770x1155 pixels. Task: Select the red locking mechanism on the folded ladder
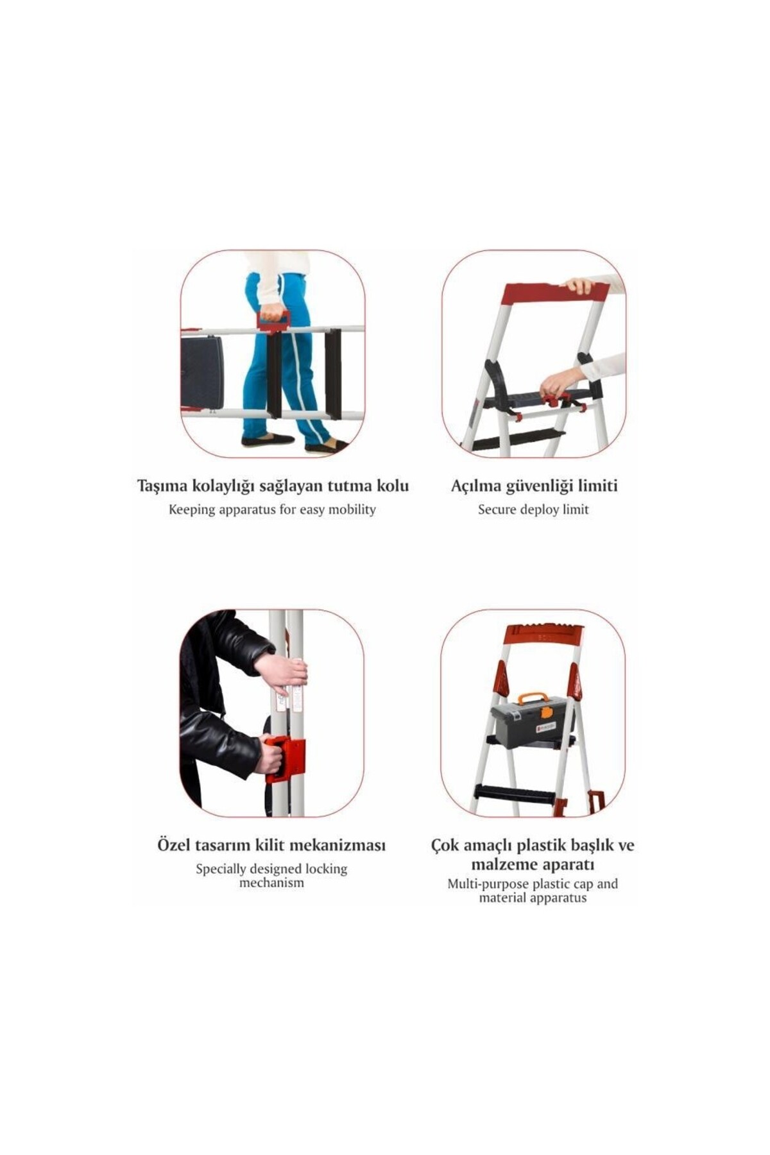[285, 760]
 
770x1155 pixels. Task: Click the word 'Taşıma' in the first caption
[162, 486]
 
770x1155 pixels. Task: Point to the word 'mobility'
[352, 510]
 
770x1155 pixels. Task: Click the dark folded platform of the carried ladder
[202, 371]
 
